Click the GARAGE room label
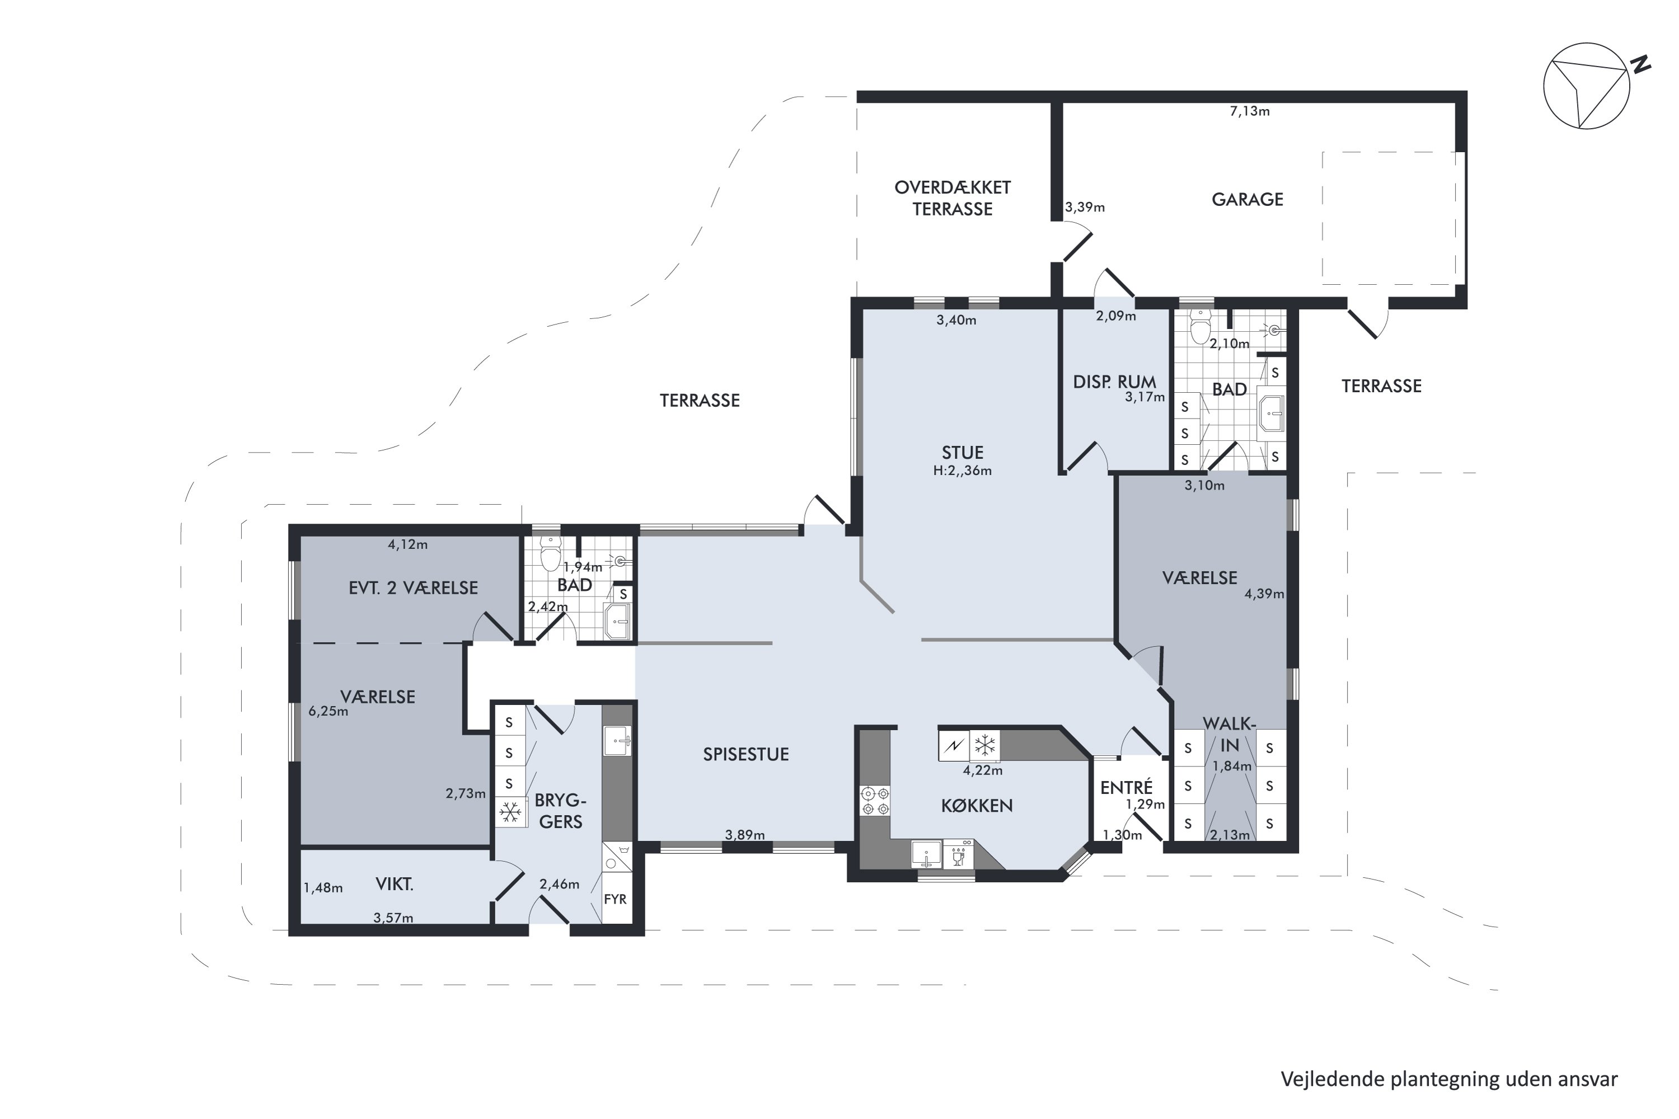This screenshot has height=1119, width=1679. [x=1247, y=199]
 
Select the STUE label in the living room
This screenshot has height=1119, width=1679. [x=962, y=453]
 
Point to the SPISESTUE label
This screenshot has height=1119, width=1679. [x=746, y=754]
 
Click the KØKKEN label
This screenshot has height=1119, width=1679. [x=977, y=806]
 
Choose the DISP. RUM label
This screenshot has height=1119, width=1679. [x=1114, y=382]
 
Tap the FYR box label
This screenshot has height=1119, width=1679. [x=615, y=899]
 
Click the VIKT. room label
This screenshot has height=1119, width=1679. [x=394, y=884]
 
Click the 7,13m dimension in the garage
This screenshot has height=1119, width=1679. [x=1249, y=111]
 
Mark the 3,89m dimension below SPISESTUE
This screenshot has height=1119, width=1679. [x=744, y=834]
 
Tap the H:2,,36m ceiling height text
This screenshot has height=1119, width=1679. [x=962, y=471]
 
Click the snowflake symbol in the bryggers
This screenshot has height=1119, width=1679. [x=510, y=811]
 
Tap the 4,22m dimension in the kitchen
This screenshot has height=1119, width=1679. [x=982, y=770]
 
